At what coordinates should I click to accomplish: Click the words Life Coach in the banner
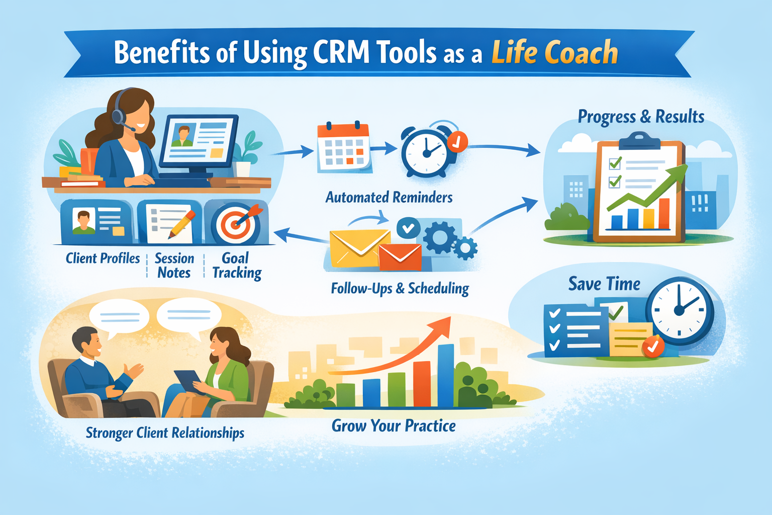(x=554, y=52)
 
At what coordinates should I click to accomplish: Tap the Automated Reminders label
(x=389, y=197)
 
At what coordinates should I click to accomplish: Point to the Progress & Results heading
(x=641, y=117)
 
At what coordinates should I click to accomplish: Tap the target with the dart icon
(x=235, y=223)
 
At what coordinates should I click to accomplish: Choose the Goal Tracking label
(x=236, y=266)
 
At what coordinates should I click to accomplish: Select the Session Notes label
(x=174, y=266)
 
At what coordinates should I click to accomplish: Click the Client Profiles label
(x=103, y=259)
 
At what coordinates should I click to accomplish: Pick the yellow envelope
(x=358, y=248)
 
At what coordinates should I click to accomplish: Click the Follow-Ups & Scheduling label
(x=400, y=289)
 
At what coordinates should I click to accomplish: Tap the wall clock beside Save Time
(x=680, y=310)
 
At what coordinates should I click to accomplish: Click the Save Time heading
(x=604, y=284)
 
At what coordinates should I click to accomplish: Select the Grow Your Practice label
(x=394, y=426)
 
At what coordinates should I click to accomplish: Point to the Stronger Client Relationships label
(x=165, y=433)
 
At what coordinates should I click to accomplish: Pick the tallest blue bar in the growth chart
(x=445, y=375)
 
